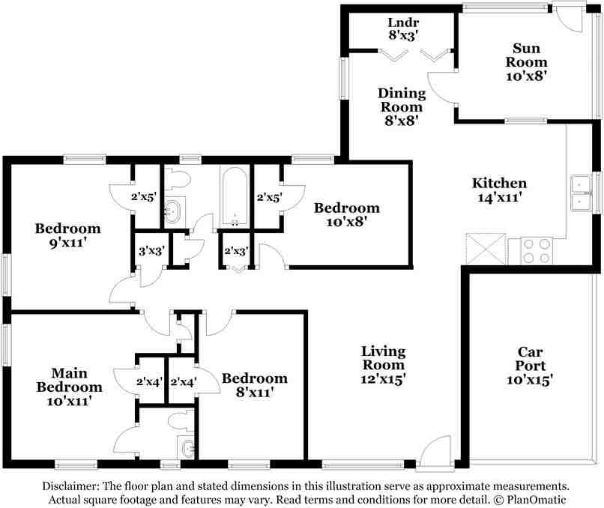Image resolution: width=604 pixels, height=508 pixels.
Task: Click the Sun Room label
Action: (x=526, y=62)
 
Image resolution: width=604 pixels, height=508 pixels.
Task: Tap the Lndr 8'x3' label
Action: (x=403, y=29)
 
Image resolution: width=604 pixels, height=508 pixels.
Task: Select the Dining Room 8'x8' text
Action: (x=402, y=106)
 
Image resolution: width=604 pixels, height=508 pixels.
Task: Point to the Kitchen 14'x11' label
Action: (x=500, y=190)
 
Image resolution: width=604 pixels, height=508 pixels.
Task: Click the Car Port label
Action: (x=530, y=366)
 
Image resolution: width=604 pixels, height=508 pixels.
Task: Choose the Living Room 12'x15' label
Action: (x=383, y=365)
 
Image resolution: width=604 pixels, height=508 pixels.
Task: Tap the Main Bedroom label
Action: (x=70, y=387)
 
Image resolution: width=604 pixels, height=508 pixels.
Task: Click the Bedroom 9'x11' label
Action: (x=67, y=235)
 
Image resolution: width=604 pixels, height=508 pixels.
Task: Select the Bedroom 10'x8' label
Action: (x=347, y=214)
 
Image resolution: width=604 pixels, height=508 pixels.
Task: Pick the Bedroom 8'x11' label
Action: (x=255, y=385)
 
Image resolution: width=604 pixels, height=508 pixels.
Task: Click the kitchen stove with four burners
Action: (x=537, y=250)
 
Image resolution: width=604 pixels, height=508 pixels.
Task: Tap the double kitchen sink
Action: (x=582, y=193)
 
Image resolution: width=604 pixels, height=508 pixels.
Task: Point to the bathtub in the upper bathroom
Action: (x=235, y=196)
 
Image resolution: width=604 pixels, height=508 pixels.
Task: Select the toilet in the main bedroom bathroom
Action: (x=181, y=420)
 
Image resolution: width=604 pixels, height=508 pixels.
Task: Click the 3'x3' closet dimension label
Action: (x=152, y=251)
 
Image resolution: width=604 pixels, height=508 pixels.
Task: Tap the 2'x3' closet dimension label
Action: (x=236, y=252)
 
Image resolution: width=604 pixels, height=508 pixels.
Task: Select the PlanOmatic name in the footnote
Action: (x=537, y=500)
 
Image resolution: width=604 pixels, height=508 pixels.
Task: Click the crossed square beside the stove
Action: (x=486, y=249)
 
